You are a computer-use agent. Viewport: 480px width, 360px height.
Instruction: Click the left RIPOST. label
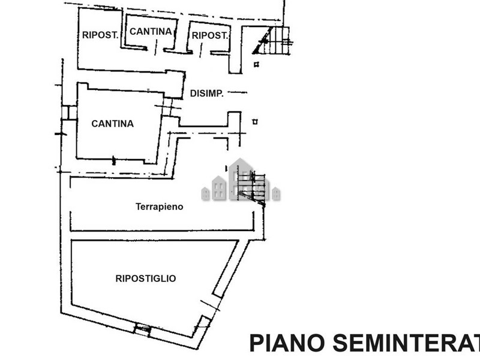pos(99,35)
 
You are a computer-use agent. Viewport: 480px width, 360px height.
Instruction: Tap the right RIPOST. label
pos(209,35)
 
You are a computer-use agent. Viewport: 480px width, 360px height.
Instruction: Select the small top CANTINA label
pos(151,31)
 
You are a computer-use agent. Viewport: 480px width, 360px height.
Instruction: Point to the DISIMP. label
pos(207,93)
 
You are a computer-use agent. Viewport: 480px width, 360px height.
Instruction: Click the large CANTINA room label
pos(112,124)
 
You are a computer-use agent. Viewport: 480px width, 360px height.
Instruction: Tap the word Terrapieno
pos(159,206)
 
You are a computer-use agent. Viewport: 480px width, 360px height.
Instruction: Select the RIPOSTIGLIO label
pos(145,278)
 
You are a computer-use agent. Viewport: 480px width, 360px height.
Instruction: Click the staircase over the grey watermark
pos(251,186)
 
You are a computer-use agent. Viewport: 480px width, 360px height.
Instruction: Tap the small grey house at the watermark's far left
pos(205,193)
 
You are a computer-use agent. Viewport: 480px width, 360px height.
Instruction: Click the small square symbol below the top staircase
pos(256,64)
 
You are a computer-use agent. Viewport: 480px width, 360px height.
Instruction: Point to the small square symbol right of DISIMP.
pos(256,121)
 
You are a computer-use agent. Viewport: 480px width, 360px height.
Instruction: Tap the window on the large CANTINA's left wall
pos(68,112)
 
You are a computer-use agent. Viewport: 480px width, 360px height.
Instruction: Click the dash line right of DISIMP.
pos(239,93)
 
